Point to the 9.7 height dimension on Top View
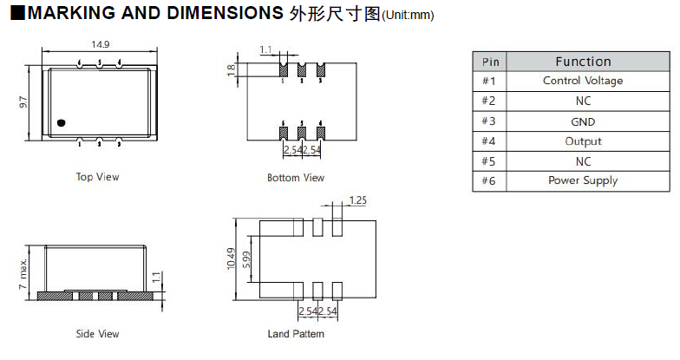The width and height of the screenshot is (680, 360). (24, 103)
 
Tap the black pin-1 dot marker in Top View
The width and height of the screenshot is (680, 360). (61, 122)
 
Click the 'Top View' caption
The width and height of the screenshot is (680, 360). (97, 177)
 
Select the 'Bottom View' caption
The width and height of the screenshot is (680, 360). (296, 178)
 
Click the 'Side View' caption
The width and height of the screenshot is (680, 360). (97, 334)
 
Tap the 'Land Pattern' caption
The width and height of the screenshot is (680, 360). (296, 334)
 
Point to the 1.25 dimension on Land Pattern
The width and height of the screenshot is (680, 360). (356, 200)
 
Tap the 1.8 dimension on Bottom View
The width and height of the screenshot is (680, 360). (232, 70)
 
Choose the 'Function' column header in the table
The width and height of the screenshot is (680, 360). (583, 62)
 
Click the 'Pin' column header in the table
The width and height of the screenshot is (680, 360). (491, 62)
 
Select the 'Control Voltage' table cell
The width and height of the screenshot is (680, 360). (583, 81)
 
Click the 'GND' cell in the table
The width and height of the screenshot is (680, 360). (583, 121)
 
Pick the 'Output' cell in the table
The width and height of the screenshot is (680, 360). (583, 141)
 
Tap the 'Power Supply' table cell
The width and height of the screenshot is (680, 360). (583, 180)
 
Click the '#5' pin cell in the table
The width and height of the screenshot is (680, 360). (491, 161)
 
